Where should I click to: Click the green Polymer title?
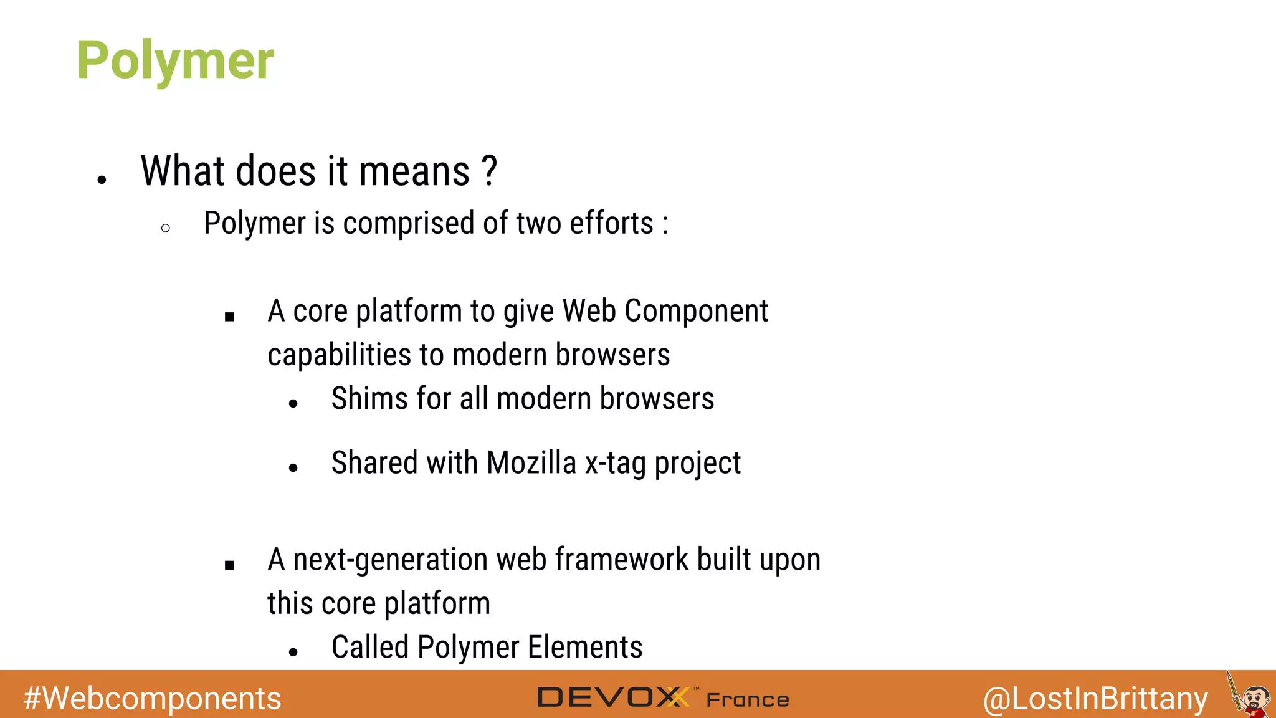[175, 60]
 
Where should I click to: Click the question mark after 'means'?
[490, 171]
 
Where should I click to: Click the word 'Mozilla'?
[531, 463]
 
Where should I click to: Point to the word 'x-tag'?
[616, 463]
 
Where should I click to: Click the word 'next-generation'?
[391, 560]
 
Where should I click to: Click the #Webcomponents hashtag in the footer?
[152, 698]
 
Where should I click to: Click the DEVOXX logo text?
[614, 697]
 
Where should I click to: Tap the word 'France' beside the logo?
[748, 700]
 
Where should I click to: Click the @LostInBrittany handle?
[1095, 698]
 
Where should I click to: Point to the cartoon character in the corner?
[1251, 697]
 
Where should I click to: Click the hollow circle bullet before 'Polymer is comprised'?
[165, 228]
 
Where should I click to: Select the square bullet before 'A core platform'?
[229, 317]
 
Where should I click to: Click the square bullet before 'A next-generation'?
[229, 565]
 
